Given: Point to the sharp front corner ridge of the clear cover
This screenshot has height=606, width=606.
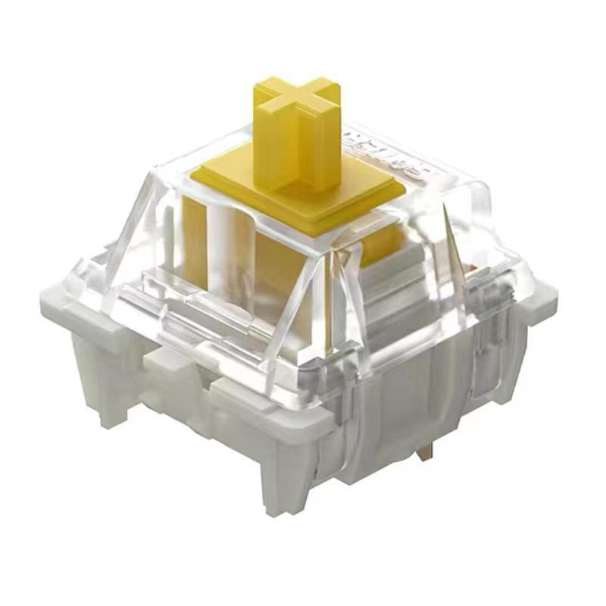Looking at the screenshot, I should pos(333,303).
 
